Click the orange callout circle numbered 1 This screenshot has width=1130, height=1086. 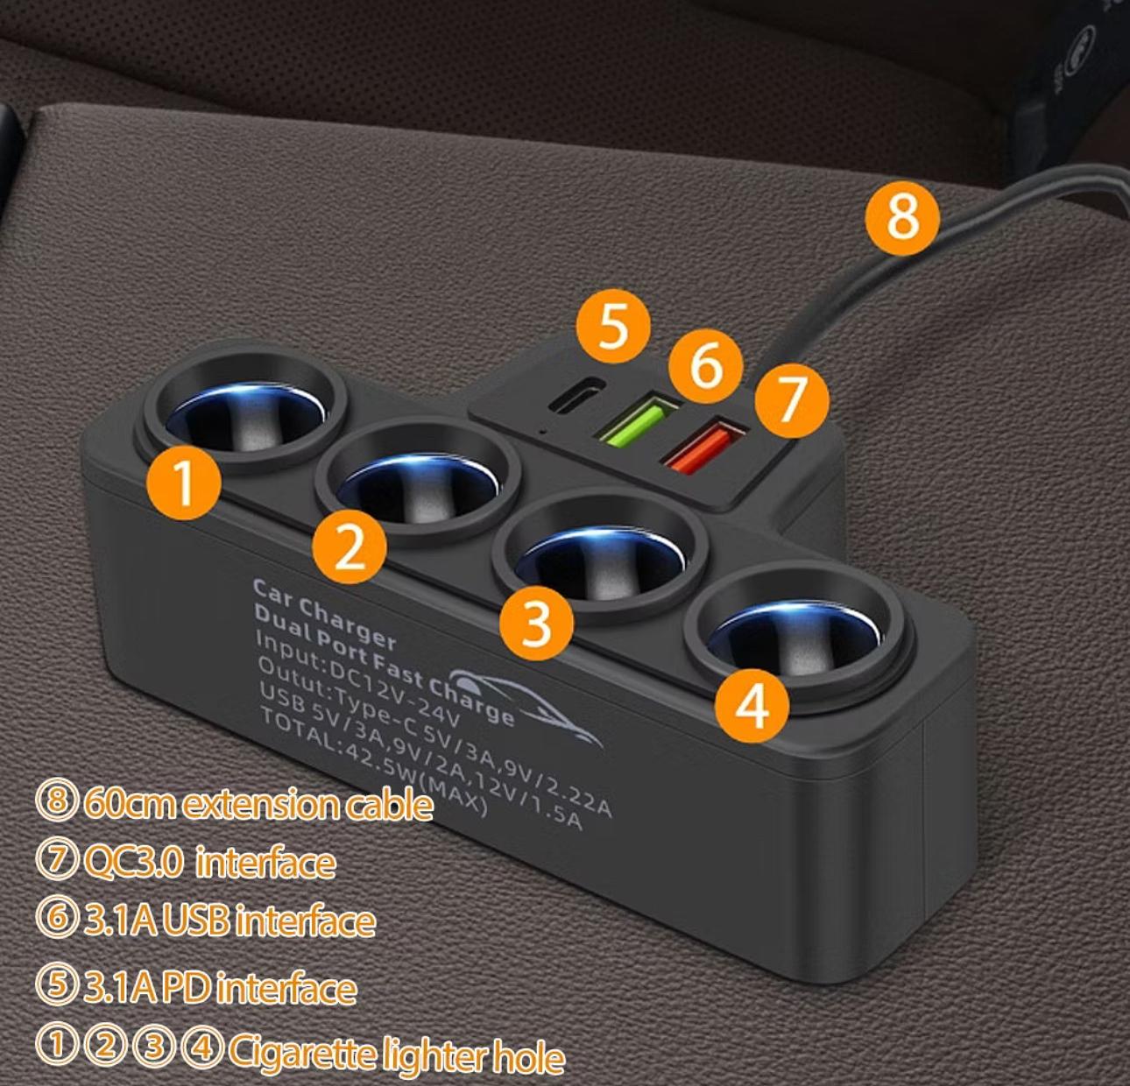coord(183,482)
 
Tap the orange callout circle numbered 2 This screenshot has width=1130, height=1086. coord(349,547)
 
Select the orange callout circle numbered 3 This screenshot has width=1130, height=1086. coord(537,624)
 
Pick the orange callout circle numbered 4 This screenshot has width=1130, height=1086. coord(752,706)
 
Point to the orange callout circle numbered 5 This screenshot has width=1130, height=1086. coord(613,327)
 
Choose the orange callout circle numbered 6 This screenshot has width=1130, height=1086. coord(705,366)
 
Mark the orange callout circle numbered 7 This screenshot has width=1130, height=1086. coord(792,400)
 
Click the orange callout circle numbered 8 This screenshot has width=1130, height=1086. coord(902,218)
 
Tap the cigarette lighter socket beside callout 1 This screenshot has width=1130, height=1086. coord(245,411)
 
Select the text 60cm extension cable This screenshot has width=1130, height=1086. coord(258,805)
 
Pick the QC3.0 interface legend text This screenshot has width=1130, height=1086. coord(209,863)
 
